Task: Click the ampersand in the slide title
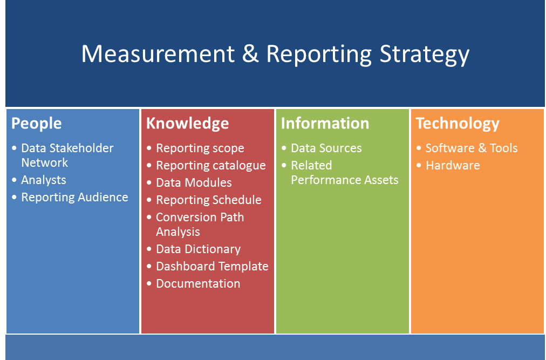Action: (x=250, y=54)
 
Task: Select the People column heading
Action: (x=37, y=123)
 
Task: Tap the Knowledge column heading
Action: (x=187, y=123)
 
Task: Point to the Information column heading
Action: (x=325, y=123)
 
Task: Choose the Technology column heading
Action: (x=458, y=123)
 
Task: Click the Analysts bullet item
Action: (x=44, y=180)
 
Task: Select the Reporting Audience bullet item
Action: (x=74, y=198)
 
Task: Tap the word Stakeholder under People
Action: (x=81, y=148)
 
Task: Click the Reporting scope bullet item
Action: (x=200, y=148)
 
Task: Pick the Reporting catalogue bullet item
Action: (x=210, y=165)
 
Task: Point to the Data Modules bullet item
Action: (x=194, y=182)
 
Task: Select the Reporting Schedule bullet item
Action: (x=208, y=200)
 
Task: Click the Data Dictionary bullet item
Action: (x=198, y=249)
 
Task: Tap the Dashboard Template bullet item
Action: (x=212, y=266)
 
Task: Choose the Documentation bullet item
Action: (x=198, y=283)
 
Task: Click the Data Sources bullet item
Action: (x=326, y=148)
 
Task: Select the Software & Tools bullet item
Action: (x=472, y=148)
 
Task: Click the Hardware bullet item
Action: (x=453, y=165)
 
